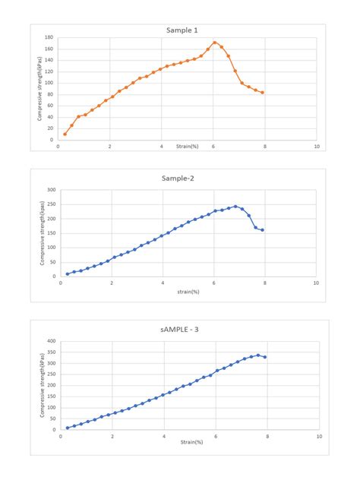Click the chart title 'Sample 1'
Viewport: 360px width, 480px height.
point(182,30)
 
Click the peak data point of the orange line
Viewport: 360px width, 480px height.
point(215,43)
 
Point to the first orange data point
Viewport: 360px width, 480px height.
point(65,134)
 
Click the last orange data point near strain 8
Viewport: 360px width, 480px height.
point(263,93)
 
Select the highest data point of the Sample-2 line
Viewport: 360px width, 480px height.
point(235,206)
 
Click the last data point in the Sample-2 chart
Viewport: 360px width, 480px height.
point(263,229)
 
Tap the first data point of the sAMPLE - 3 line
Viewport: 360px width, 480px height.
point(68,428)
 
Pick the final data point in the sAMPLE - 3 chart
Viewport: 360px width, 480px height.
point(265,357)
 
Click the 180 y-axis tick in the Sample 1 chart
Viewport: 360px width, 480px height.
point(49,38)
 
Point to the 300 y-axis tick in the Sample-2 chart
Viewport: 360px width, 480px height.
point(52,190)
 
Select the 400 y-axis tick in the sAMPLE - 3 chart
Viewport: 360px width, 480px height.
point(52,341)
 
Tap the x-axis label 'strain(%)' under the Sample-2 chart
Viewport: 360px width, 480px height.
point(188,292)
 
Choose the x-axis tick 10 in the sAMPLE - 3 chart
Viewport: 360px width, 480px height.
point(319,437)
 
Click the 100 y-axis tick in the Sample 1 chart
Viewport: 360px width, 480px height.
point(49,84)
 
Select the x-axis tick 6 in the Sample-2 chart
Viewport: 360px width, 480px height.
point(214,283)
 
